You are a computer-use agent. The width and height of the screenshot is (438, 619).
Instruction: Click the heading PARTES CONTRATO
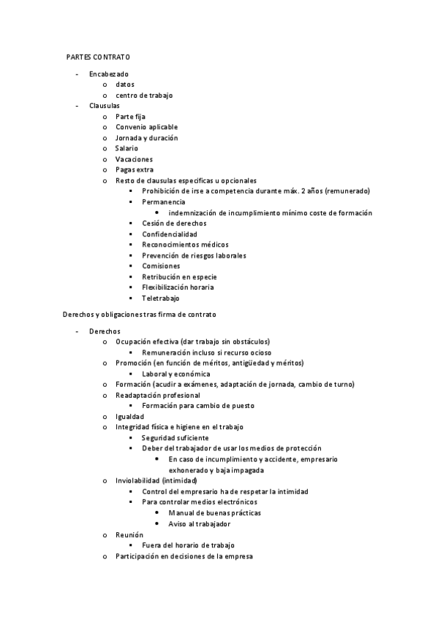[x=98, y=56]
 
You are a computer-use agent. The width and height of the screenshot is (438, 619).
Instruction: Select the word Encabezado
[x=108, y=74]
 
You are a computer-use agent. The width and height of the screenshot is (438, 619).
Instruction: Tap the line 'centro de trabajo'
[x=144, y=95]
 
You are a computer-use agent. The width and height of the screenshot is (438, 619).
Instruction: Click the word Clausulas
[x=105, y=106]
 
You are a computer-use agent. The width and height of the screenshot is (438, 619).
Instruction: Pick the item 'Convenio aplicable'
[x=146, y=127]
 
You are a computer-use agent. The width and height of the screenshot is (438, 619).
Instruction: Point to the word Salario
[x=127, y=148]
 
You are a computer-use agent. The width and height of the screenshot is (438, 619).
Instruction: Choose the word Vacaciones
[x=134, y=159]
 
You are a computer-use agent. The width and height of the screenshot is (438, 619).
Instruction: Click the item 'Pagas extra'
[x=135, y=170]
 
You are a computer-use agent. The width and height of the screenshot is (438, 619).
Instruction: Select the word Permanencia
[x=163, y=201]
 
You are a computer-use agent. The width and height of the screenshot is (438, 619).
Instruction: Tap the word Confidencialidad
[x=170, y=234]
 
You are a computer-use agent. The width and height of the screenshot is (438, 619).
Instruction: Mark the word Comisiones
[x=161, y=266]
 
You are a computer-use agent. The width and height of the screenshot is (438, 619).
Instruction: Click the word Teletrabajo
[x=161, y=298]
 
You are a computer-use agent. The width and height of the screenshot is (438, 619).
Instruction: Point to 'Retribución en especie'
[x=179, y=277]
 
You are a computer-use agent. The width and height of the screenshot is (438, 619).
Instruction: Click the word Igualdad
[x=129, y=416]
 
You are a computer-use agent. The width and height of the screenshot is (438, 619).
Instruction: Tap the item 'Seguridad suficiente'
[x=175, y=437]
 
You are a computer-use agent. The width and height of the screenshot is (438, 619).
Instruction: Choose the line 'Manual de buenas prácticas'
[x=214, y=513]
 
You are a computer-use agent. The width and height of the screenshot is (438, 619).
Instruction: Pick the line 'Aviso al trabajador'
[x=199, y=524]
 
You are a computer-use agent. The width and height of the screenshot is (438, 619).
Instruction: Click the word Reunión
[x=129, y=535]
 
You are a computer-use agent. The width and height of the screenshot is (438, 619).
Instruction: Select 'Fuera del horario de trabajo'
[x=188, y=545]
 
